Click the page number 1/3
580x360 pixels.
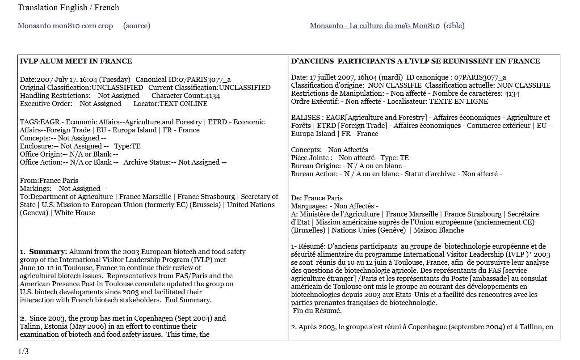click(x=23, y=351)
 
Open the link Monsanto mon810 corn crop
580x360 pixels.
click(x=65, y=26)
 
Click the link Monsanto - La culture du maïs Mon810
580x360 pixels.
click(x=374, y=26)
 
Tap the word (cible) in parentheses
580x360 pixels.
click(x=454, y=26)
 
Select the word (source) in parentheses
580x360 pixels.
click(x=137, y=26)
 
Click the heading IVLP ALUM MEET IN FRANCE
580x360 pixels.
click(x=76, y=61)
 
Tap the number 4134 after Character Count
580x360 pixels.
click(x=212, y=96)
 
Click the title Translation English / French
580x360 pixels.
click(x=68, y=8)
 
